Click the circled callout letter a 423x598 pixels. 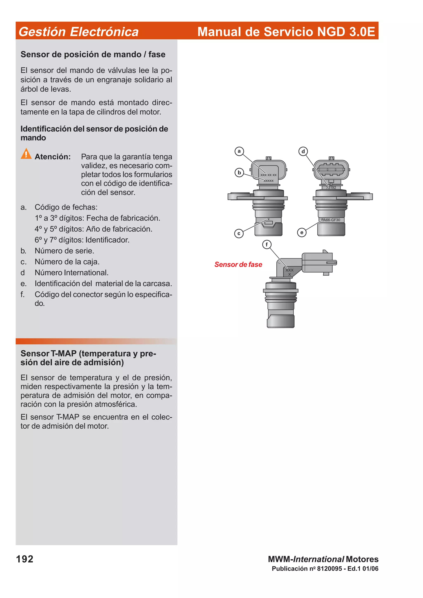coord(239,151)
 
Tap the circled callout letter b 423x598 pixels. coord(239,173)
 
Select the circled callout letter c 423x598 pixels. coord(239,233)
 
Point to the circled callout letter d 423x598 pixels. coord(303,151)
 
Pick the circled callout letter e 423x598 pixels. coord(302,232)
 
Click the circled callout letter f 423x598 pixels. coord(267,245)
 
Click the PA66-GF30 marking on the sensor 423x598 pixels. coord(330,220)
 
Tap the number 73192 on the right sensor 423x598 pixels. coord(331,188)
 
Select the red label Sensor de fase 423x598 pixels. coord(238,264)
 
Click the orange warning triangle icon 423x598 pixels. coord(26,154)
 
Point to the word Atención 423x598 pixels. coord(53,157)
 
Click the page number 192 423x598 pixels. coord(25,559)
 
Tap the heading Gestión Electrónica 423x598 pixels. coord(78,32)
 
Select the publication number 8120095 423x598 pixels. coord(329,568)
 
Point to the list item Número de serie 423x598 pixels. coord(64,251)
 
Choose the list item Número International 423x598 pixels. coord(71,273)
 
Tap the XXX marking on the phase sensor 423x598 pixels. coord(289,270)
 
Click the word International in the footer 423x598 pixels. coord(318,559)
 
